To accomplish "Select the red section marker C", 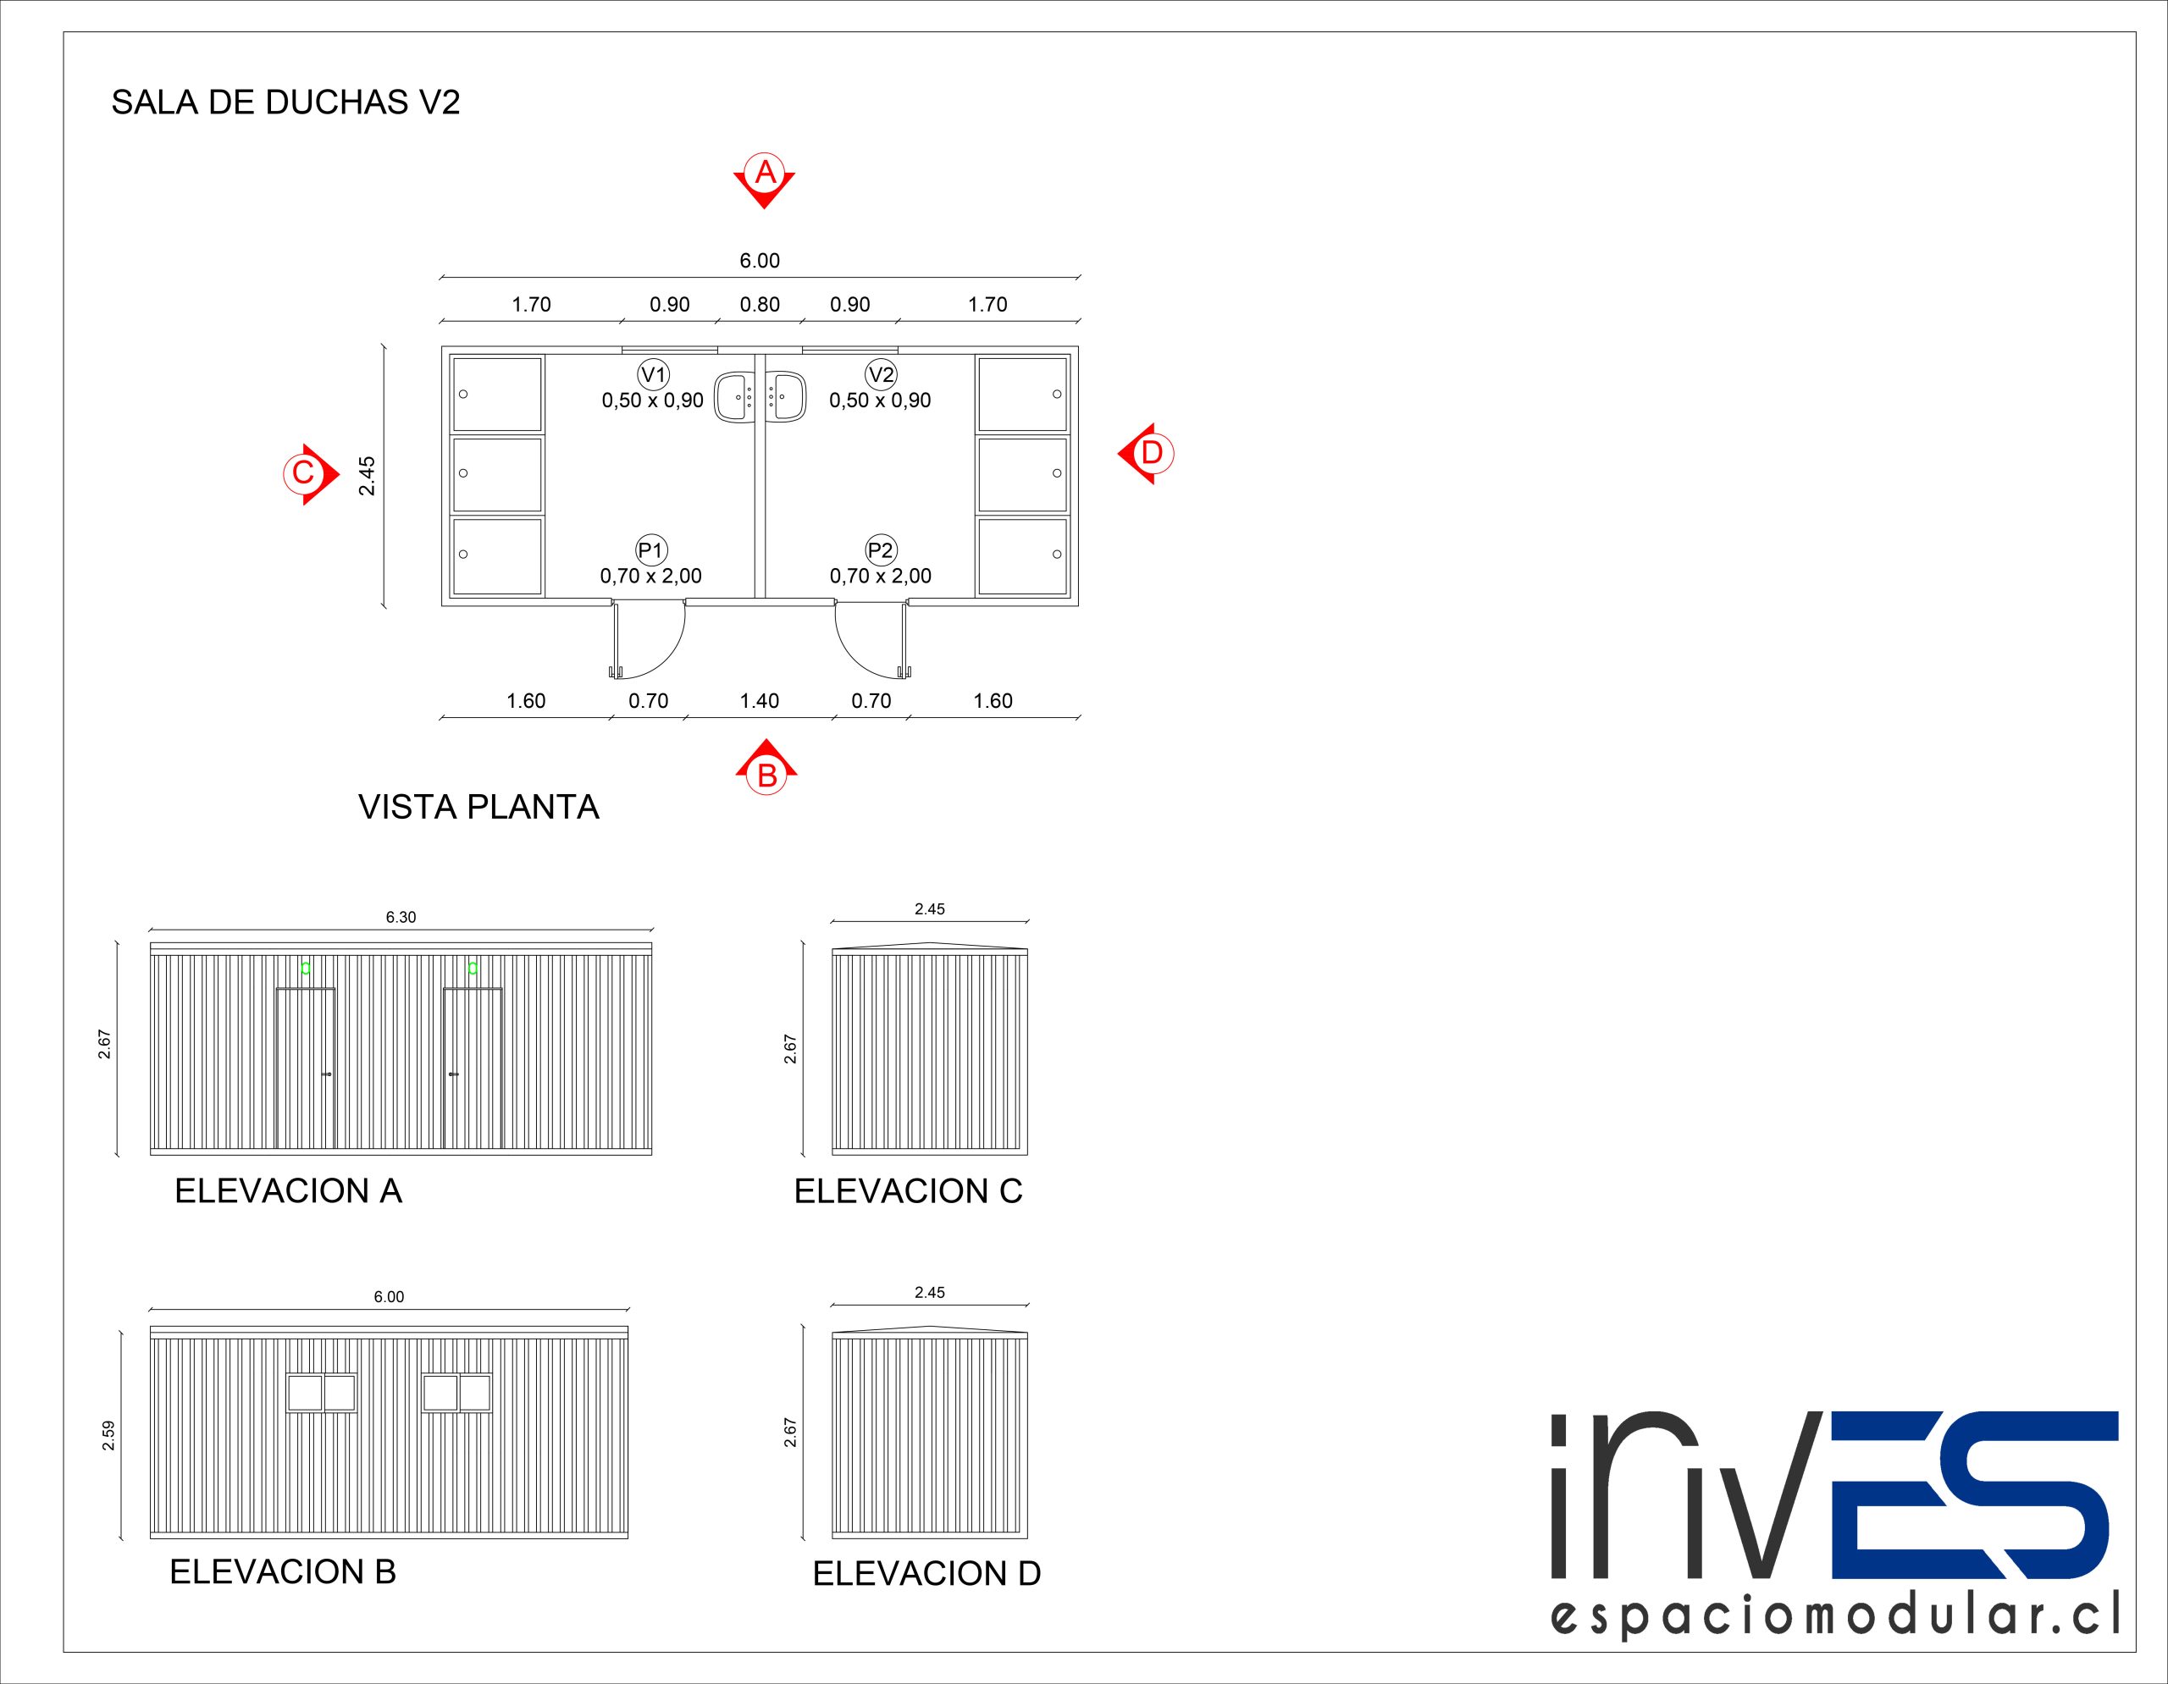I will tap(306, 473).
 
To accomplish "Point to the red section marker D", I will tap(1148, 454).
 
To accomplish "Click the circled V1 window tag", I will tap(653, 374).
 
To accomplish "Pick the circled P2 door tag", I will tap(881, 549).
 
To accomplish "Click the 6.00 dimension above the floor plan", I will tap(760, 261).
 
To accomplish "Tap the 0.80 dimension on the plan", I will tap(760, 305).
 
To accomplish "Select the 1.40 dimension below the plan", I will tap(760, 700).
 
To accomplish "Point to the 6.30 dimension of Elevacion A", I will tap(401, 917).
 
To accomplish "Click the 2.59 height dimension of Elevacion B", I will tap(108, 1435).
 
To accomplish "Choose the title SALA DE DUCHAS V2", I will tap(285, 102).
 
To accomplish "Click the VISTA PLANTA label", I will tap(478, 807).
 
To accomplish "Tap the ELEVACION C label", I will tap(907, 1190).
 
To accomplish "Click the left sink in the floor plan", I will tap(734, 397).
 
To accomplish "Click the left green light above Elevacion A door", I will tap(306, 968).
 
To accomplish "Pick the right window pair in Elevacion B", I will tap(456, 1392).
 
